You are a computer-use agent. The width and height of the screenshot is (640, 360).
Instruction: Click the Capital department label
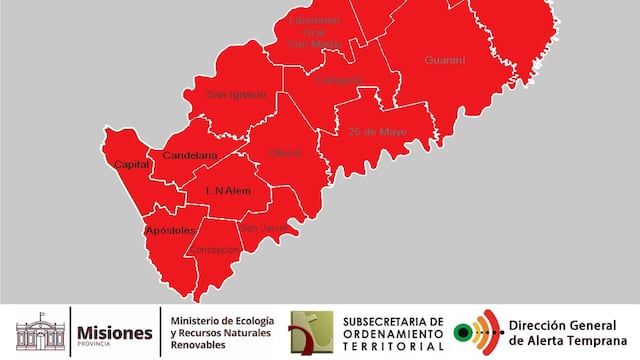coord(132,164)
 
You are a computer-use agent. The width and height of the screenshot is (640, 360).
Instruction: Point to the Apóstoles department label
coord(170,230)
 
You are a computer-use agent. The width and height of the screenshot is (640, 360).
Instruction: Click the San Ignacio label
coord(236,95)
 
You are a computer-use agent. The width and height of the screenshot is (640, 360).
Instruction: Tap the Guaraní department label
coord(445,60)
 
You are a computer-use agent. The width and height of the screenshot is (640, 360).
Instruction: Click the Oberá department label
coord(284,153)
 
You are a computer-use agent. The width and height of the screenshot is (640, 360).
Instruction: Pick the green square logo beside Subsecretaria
coord(311,332)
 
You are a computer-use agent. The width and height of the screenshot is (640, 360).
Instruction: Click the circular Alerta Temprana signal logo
coord(476,332)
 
